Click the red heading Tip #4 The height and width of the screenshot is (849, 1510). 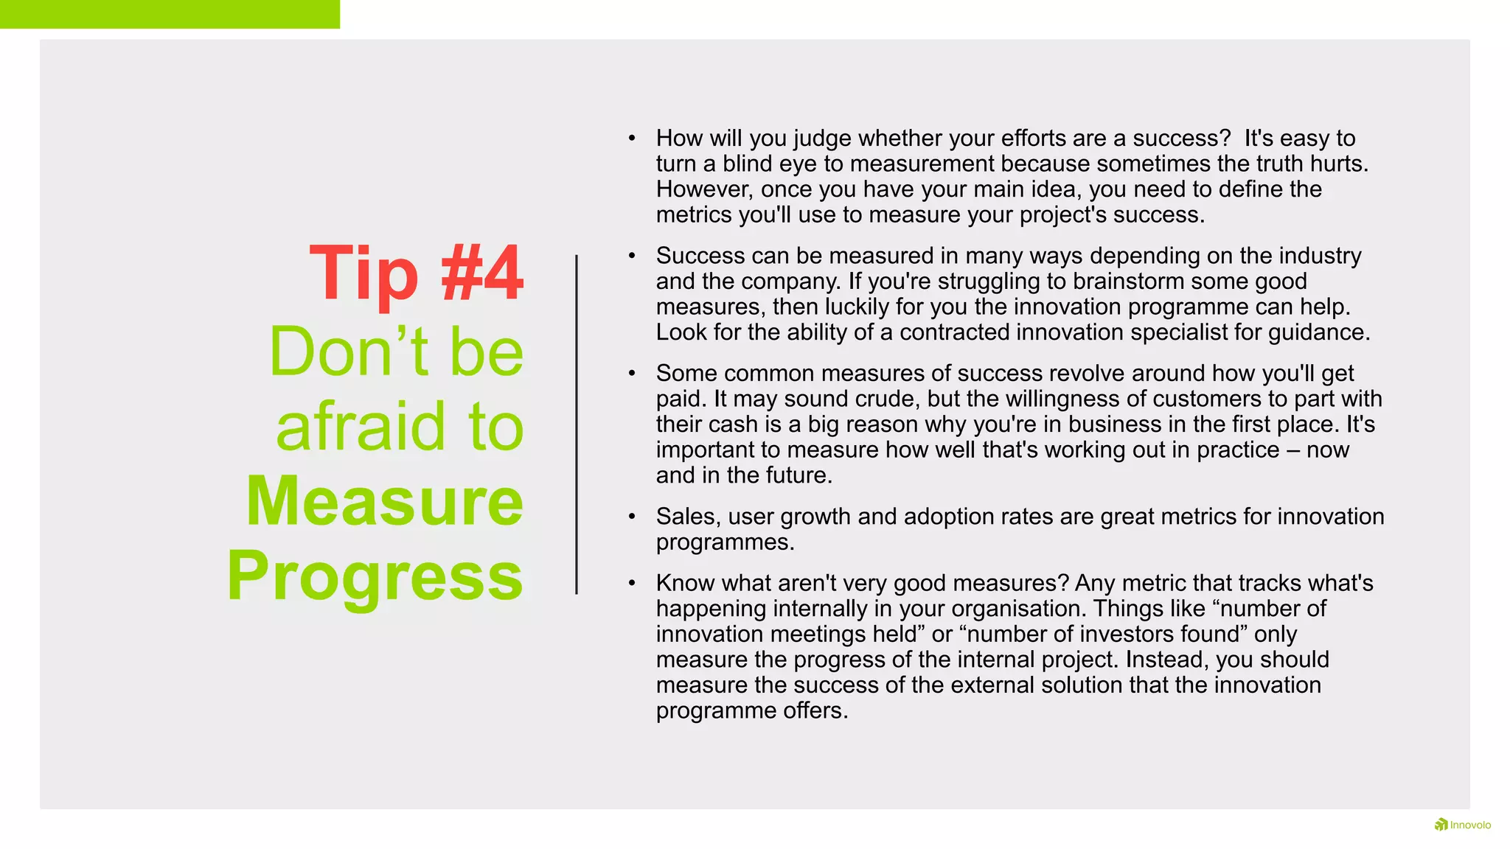point(417,274)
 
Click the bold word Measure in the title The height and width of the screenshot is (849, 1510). point(385,502)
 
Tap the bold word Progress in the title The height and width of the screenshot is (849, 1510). point(375,576)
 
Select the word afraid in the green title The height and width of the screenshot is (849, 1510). point(361,427)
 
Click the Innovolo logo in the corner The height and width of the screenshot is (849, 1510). point(1462,825)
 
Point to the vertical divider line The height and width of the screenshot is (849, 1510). point(577,424)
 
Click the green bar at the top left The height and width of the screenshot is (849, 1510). point(170,14)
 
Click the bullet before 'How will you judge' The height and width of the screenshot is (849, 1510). point(632,138)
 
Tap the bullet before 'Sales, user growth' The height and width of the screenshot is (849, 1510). point(632,517)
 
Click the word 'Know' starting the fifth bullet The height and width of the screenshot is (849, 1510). point(685,583)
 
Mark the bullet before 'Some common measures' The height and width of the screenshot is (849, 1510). point(632,374)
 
